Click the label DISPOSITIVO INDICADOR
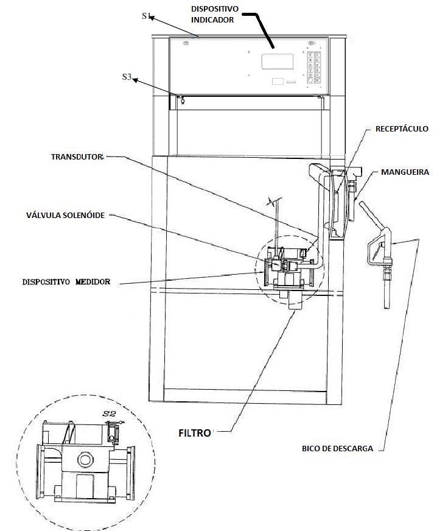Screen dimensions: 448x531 [x=214, y=14]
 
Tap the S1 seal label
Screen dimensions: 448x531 [x=146, y=16]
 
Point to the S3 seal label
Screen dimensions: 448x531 [x=127, y=77]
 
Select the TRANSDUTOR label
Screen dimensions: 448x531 [x=77, y=156]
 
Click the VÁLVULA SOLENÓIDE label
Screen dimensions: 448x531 [x=65, y=215]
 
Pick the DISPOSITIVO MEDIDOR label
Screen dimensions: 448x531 [x=66, y=282]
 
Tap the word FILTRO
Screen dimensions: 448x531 [x=195, y=433]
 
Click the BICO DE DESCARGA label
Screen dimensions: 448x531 [x=337, y=448]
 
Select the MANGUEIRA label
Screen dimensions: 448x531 [x=405, y=172]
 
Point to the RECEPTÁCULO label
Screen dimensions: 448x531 [x=402, y=128]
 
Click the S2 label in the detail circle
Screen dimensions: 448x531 [x=109, y=413]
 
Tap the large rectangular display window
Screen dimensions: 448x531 [x=278, y=62]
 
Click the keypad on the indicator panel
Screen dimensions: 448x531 [x=313, y=67]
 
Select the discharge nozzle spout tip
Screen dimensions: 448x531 [x=387, y=306]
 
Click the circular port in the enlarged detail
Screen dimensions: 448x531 [x=85, y=460]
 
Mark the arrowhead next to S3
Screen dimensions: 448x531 [x=135, y=80]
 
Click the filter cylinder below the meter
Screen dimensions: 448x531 [x=295, y=300]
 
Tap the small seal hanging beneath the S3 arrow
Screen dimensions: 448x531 [x=183, y=100]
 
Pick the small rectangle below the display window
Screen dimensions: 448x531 [x=278, y=81]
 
